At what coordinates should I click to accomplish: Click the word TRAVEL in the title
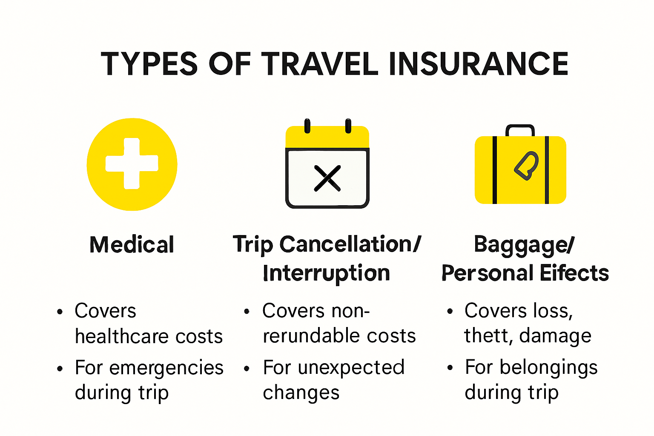pos(319,64)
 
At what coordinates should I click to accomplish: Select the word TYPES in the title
pos(149,64)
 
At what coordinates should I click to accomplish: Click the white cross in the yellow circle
pos(132,163)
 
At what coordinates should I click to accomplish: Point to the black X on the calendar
pos(327,178)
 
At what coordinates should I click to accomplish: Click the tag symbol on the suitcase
pos(527,165)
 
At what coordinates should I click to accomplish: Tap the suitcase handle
pos(520,130)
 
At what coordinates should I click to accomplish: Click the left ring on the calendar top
pos(307,126)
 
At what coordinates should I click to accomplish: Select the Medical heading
pos(132,245)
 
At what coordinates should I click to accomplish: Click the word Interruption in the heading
pos(327,273)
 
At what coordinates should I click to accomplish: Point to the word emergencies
pos(166,368)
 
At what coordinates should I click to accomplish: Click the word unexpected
pos(351,367)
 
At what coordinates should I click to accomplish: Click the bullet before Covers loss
pos(450,312)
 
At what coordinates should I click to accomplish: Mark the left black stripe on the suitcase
pos(494,170)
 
